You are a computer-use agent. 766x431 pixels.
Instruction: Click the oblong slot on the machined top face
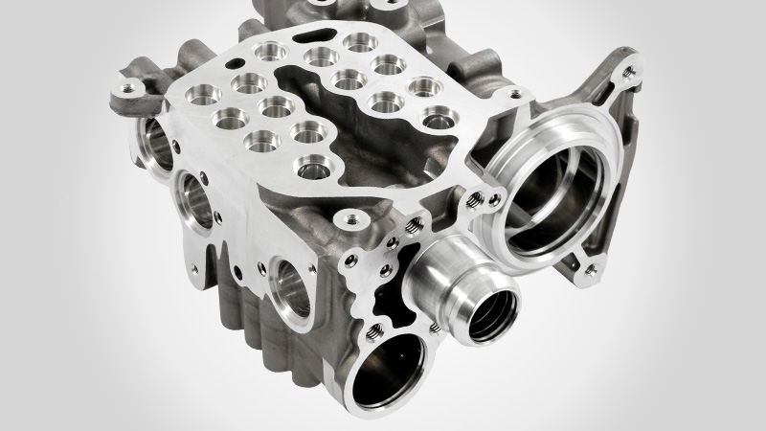(317, 38)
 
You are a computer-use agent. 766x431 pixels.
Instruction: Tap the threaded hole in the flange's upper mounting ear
(628, 69)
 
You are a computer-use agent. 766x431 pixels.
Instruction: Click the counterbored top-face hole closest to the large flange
(437, 120)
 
